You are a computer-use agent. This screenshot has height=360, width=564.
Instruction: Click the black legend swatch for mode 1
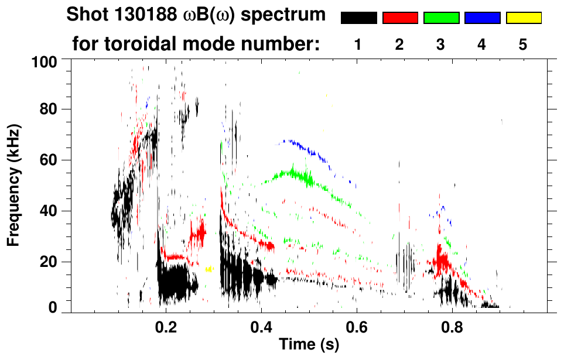click(359, 18)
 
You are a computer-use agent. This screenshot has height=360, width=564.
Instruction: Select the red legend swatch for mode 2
click(400, 18)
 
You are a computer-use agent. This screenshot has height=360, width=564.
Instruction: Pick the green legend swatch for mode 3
click(441, 18)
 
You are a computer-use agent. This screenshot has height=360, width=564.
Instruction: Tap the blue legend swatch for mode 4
click(482, 18)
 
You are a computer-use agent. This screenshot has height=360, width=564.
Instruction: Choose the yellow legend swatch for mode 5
click(524, 18)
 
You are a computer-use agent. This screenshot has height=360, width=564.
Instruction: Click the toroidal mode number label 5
click(523, 44)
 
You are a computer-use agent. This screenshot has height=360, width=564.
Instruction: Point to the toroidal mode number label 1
click(358, 44)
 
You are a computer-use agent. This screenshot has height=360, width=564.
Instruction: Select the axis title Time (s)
click(309, 345)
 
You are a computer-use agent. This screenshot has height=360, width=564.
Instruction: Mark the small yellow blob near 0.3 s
click(209, 269)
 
